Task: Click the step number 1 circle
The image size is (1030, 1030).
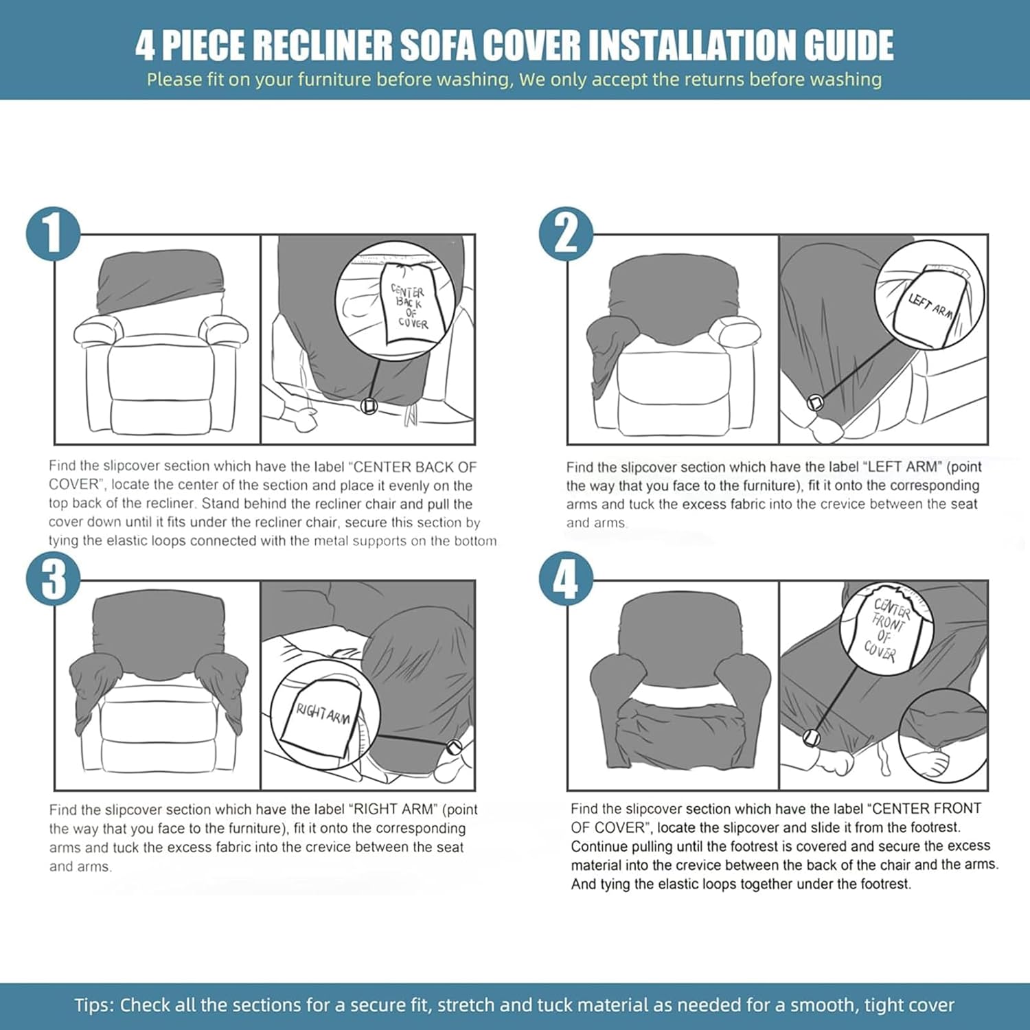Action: pyautogui.click(x=53, y=234)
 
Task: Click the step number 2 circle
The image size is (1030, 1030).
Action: pyautogui.click(x=566, y=234)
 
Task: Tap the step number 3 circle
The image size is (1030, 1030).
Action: pyautogui.click(x=53, y=579)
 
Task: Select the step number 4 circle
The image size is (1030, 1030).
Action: pyautogui.click(x=566, y=579)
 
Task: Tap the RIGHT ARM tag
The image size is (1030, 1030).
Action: pyautogui.click(x=321, y=718)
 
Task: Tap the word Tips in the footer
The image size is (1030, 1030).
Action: pyautogui.click(x=93, y=1005)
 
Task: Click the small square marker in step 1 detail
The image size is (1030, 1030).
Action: pyautogui.click(x=369, y=407)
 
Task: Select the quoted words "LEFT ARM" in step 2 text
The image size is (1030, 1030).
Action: pyautogui.click(x=903, y=467)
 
